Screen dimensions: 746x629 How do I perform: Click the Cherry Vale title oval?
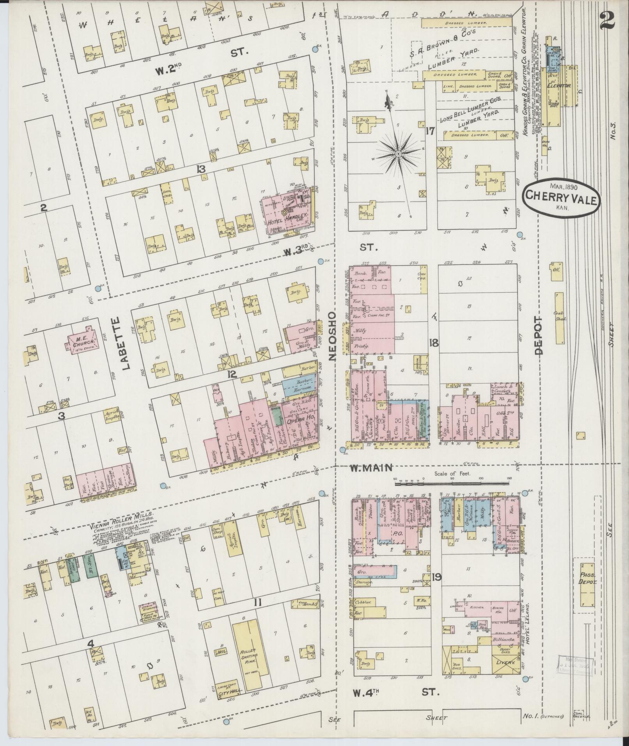pos(562,196)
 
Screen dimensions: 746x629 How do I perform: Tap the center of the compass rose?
pos(398,154)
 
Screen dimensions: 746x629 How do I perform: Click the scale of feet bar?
pos(453,484)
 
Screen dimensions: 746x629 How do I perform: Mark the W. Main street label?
pos(371,468)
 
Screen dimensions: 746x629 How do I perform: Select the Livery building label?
pos(506,662)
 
